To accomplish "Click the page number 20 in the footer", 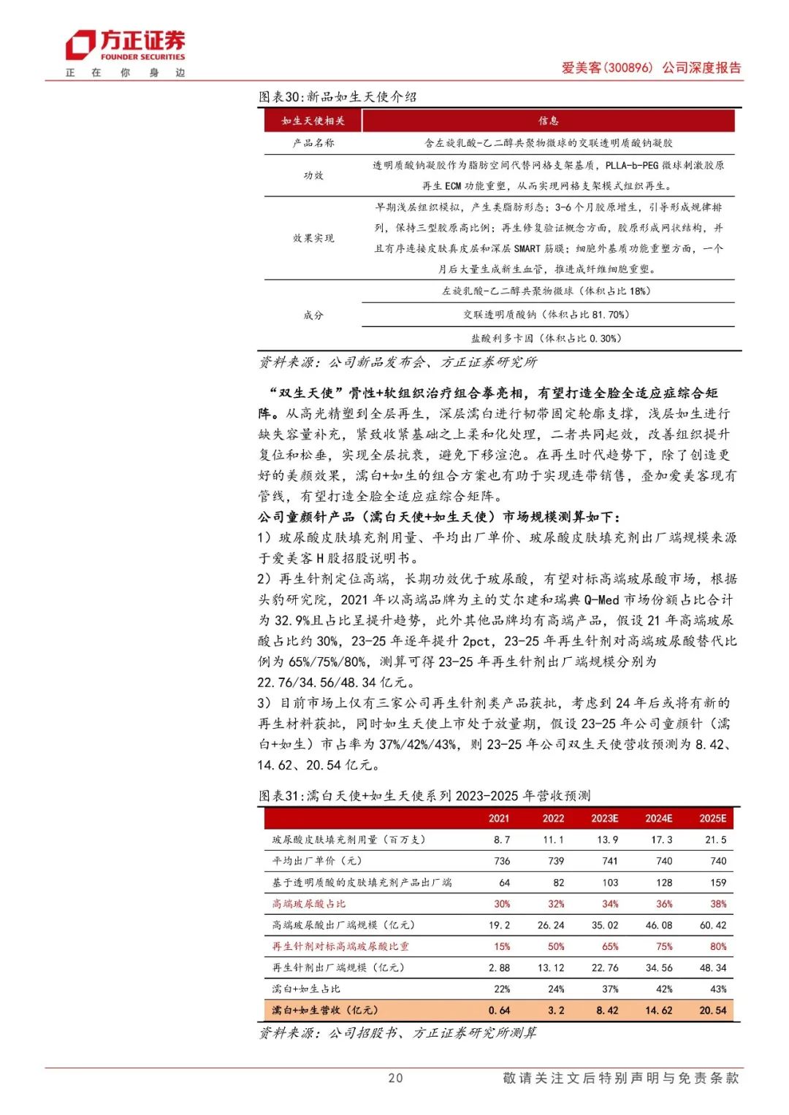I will [395, 1078].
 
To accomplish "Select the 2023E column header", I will [605, 819].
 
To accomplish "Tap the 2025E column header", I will [713, 819].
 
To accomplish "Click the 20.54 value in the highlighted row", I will [713, 1011].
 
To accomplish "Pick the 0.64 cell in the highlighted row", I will [500, 1011].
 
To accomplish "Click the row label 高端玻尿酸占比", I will [309, 904].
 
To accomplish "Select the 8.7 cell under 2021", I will [502, 840].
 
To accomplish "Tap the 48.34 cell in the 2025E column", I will [713, 968].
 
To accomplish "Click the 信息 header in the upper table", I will [549, 120].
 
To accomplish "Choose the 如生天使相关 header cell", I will [313, 120].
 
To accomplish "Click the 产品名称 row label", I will [313, 143].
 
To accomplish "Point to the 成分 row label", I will [313, 315].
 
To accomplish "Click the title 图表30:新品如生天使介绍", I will [338, 96].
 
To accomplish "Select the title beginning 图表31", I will [424, 795].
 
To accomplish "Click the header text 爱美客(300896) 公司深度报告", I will [651, 68].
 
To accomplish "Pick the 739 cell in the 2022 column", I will [556, 861].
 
